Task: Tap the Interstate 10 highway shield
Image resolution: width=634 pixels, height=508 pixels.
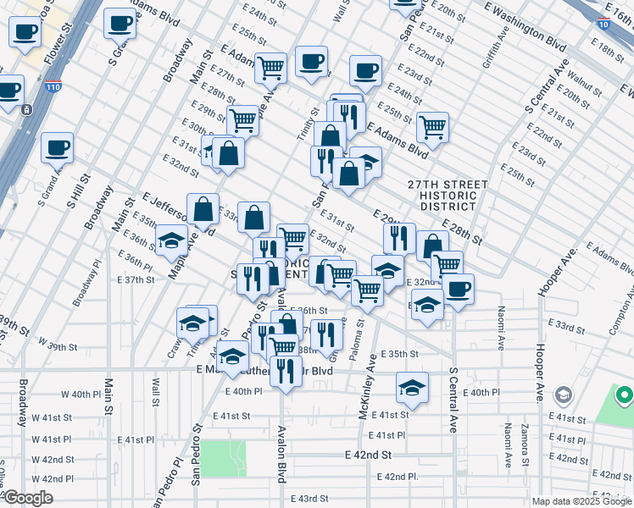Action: tap(602, 25)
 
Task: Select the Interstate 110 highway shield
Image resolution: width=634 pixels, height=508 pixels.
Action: tap(52, 86)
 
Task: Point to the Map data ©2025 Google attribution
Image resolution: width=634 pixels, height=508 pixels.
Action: tap(580, 501)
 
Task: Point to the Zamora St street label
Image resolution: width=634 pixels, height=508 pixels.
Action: tap(526, 445)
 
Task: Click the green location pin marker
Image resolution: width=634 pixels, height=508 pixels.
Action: tap(624, 395)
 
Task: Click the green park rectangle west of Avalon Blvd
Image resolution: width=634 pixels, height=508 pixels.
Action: tap(223, 458)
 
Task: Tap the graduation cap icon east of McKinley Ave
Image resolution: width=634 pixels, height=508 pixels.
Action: tap(412, 388)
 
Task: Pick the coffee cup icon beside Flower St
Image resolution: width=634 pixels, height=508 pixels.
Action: tap(25, 32)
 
